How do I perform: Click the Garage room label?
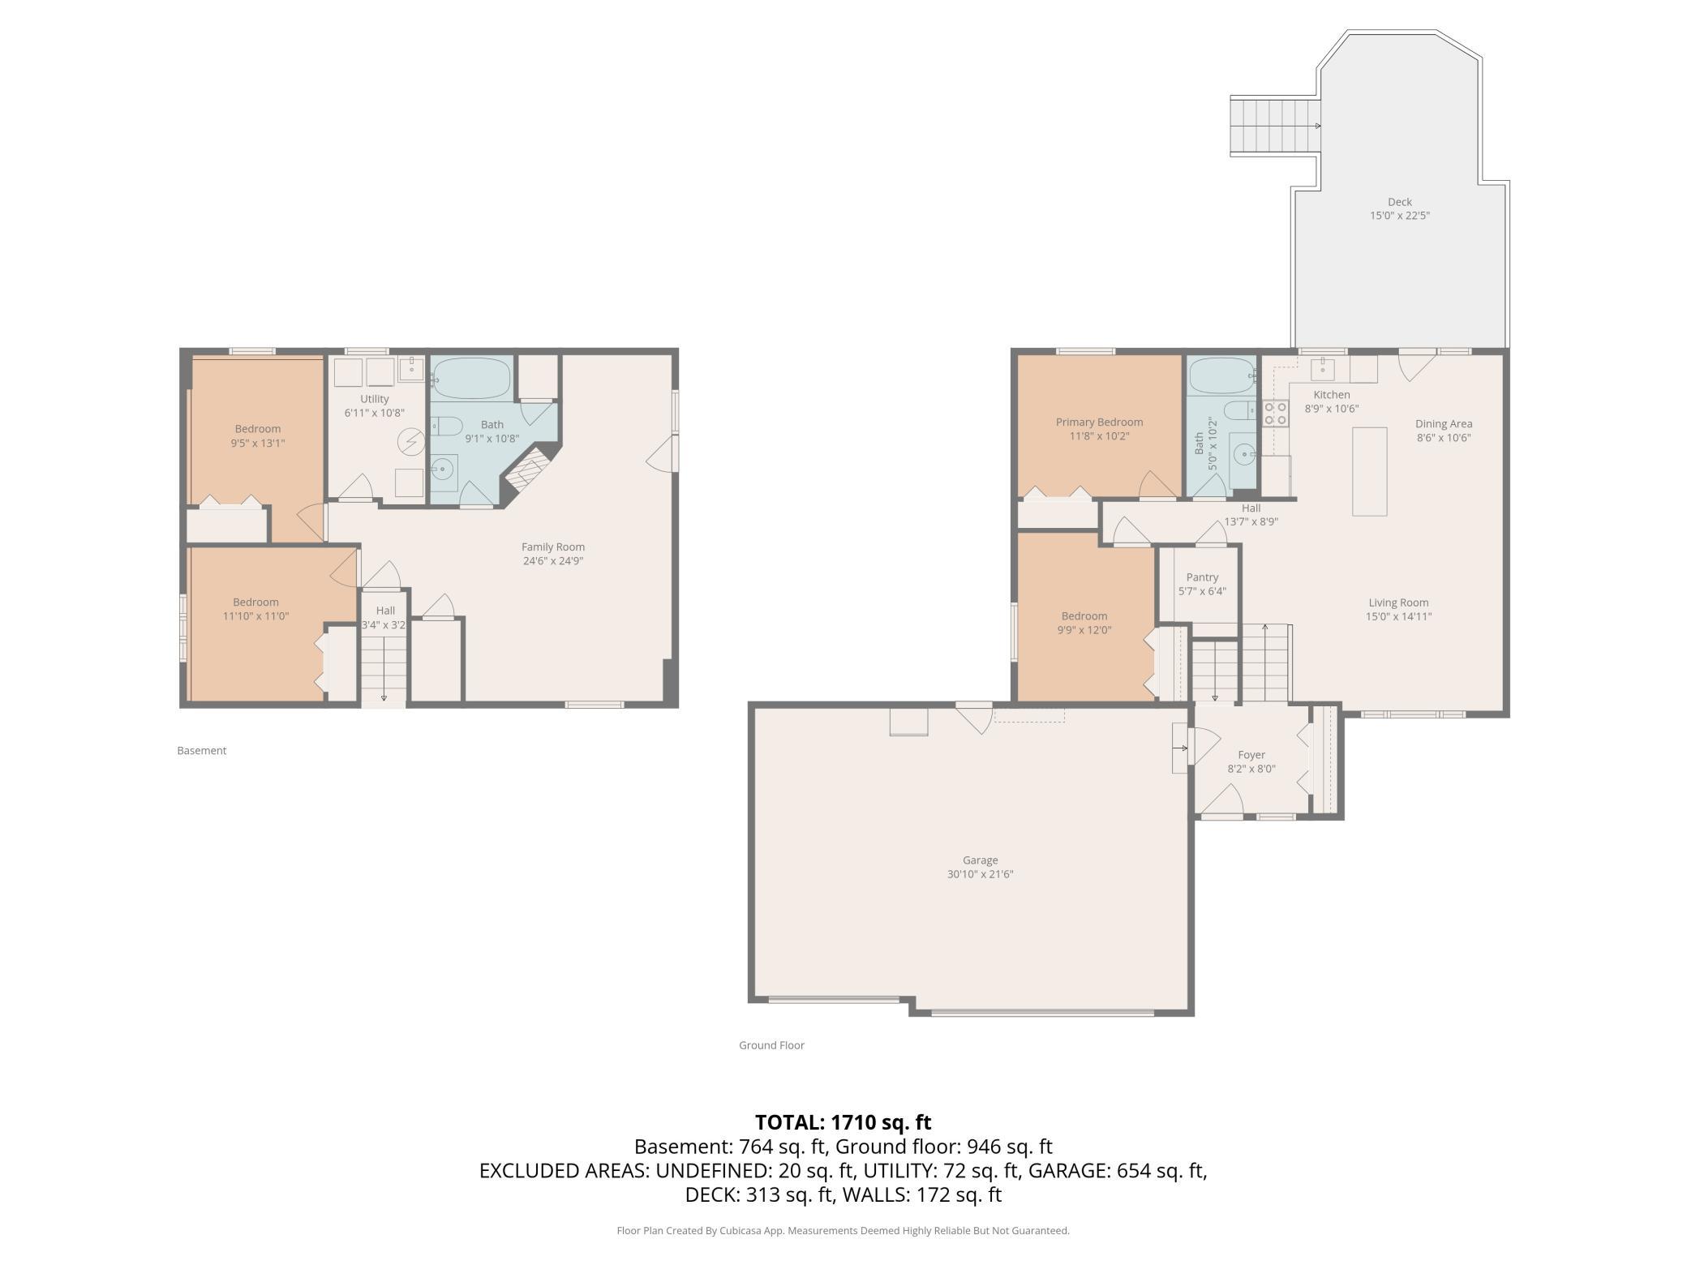click(x=980, y=860)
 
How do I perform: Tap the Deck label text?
click(x=1399, y=202)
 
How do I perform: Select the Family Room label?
click(x=553, y=547)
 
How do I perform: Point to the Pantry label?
click(x=1202, y=577)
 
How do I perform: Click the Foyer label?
click(x=1251, y=755)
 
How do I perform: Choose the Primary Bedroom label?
click(x=1099, y=422)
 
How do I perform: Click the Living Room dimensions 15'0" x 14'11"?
click(x=1398, y=616)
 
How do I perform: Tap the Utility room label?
click(x=375, y=399)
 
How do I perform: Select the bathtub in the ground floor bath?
click(x=1222, y=375)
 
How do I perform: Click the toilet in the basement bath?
click(x=446, y=425)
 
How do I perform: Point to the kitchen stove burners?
click(x=1275, y=414)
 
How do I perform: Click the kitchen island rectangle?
click(x=1369, y=471)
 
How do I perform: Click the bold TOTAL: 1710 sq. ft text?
click(x=843, y=1122)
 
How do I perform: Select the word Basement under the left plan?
click(x=202, y=751)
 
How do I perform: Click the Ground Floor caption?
click(x=771, y=1045)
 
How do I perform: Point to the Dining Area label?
click(x=1444, y=423)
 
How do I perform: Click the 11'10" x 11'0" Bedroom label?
click(x=255, y=609)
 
